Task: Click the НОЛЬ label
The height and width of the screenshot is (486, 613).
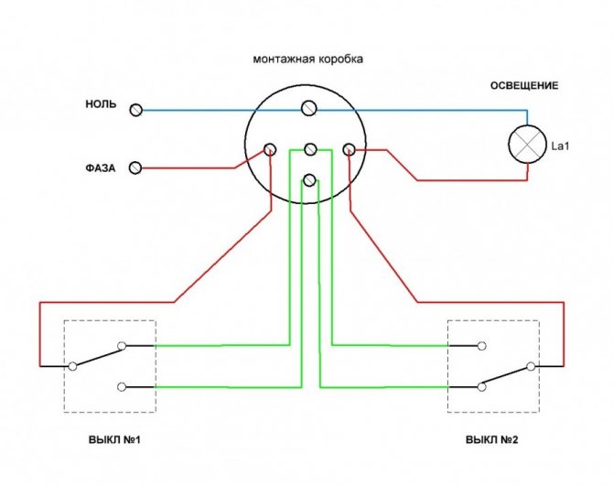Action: point(101,104)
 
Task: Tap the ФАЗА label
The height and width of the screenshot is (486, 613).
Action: point(101,168)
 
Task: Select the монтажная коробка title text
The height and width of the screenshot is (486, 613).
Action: point(308,59)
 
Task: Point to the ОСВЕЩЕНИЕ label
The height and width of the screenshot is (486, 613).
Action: point(524,86)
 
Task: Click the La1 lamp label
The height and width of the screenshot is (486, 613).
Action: point(560,146)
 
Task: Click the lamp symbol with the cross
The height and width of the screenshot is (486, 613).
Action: point(527,145)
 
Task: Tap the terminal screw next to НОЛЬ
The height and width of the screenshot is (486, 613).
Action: point(135,110)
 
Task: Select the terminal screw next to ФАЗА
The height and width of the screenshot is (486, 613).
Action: point(135,168)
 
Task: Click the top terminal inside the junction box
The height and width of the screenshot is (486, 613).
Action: point(309,108)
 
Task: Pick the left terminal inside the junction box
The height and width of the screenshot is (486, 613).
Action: point(270,149)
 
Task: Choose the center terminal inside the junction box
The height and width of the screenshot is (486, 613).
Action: point(310,149)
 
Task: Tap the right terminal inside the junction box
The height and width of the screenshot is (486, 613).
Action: point(349,149)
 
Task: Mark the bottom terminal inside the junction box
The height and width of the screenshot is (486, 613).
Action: point(309,180)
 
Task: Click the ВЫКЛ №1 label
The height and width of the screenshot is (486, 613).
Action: point(114,440)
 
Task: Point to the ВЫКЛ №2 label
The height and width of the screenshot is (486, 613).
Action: point(492,440)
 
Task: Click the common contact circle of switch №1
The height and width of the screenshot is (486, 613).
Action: point(72,366)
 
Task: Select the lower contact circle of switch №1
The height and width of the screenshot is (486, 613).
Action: point(122,387)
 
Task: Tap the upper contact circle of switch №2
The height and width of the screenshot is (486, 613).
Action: point(482,346)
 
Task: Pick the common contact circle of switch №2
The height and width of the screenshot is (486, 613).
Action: point(531,366)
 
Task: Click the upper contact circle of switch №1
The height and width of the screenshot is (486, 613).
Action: point(122,346)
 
